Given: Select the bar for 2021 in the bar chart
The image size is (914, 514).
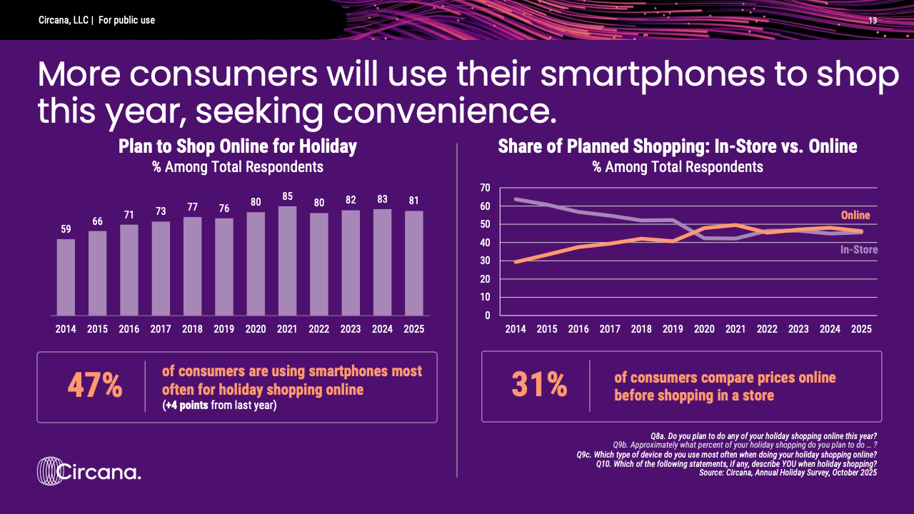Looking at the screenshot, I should pyautogui.click(x=287, y=261).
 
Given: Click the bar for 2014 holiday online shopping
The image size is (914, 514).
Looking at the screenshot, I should pyautogui.click(x=66, y=277).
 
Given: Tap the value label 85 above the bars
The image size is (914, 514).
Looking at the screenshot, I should pyautogui.click(x=287, y=195).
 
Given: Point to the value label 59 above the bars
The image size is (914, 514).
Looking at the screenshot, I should pyautogui.click(x=66, y=228).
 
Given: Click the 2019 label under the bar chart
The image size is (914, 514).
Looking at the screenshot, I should pyautogui.click(x=224, y=329).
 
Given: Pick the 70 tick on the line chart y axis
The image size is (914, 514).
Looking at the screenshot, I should pyautogui.click(x=485, y=188).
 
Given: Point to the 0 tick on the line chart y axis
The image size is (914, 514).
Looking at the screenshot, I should pyautogui.click(x=487, y=315).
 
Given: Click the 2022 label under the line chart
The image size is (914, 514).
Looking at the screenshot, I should pyautogui.click(x=766, y=329).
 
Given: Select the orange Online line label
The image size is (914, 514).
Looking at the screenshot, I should pyautogui.click(x=855, y=215).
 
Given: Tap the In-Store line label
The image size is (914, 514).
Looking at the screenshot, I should pyautogui.click(x=858, y=250).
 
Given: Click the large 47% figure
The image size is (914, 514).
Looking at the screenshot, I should pyautogui.click(x=95, y=386).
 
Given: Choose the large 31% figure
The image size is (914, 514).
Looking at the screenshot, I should pyautogui.click(x=539, y=386).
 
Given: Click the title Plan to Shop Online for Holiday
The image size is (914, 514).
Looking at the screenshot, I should pyautogui.click(x=237, y=147).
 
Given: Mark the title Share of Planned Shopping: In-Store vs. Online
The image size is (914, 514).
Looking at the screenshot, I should pyautogui.click(x=677, y=147).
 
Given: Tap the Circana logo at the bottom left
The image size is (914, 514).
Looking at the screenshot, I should pyautogui.click(x=89, y=472).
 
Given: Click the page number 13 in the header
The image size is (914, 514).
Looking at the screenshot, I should pyautogui.click(x=873, y=20).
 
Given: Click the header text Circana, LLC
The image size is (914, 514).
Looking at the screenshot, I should pyautogui.click(x=63, y=20).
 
